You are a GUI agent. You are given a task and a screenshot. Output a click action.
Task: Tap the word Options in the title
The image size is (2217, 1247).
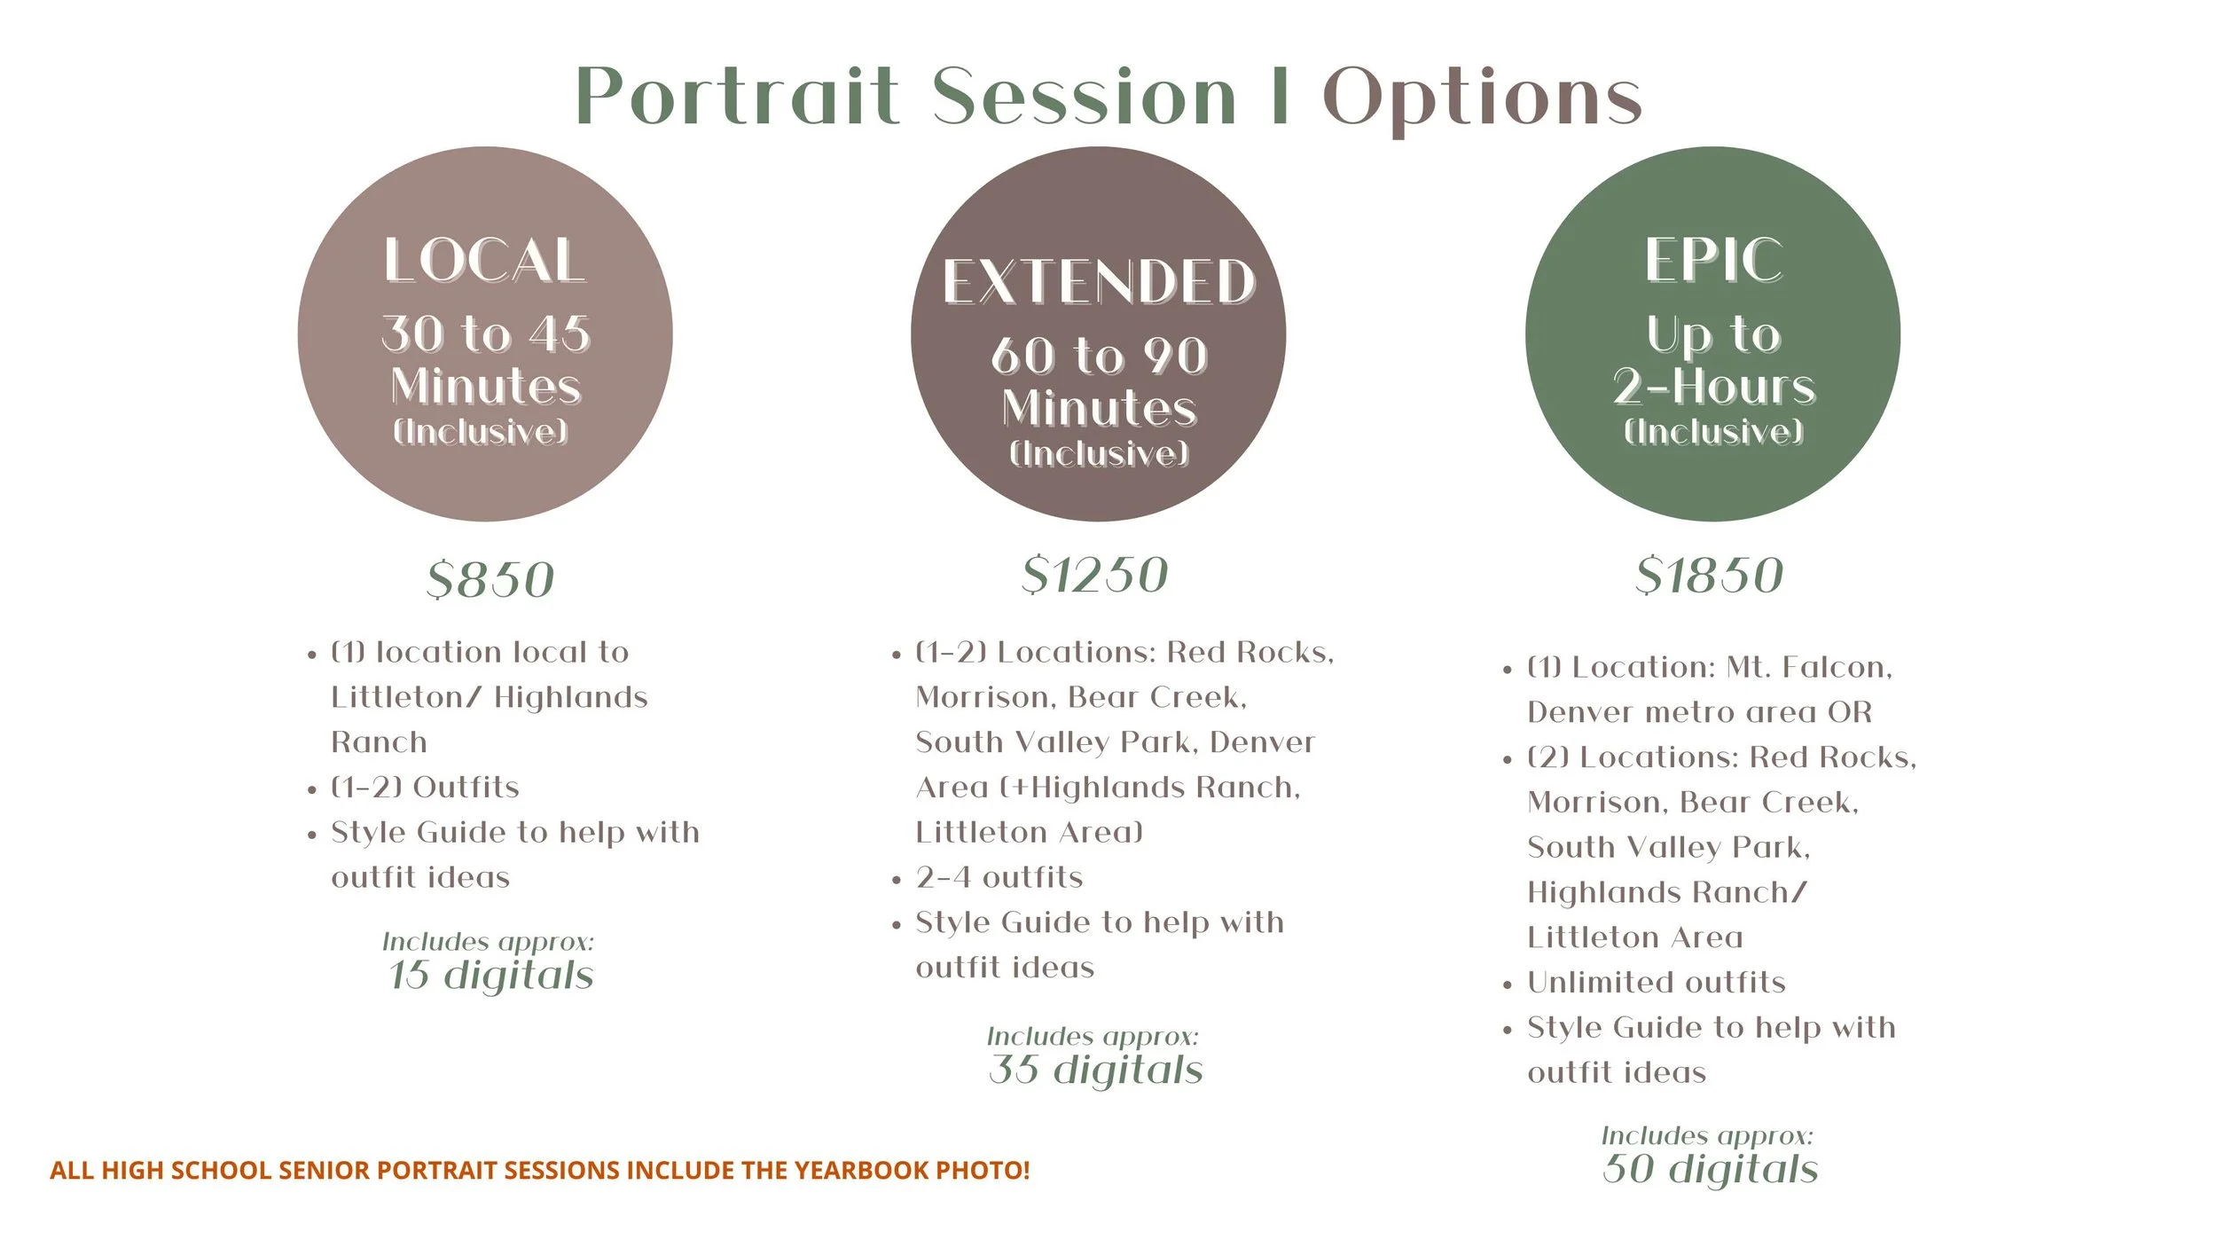click(x=1482, y=98)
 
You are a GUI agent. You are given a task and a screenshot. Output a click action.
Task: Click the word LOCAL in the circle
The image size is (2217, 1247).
click(x=484, y=261)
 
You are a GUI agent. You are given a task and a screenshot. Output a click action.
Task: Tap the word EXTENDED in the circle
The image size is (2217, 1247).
click(x=1099, y=282)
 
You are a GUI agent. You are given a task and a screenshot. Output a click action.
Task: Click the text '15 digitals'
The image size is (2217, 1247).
click(x=490, y=975)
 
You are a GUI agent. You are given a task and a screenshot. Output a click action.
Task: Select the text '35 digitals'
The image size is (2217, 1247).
click(x=1096, y=1070)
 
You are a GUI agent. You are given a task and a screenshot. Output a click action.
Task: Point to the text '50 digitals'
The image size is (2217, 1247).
click(x=1710, y=1169)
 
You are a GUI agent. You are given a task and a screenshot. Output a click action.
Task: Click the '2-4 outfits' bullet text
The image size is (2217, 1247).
click(x=999, y=877)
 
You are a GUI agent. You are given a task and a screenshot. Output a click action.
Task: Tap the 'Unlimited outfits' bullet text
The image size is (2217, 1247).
click(x=1656, y=982)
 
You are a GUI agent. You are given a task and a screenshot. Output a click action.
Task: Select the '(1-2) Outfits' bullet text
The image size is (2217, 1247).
click(x=425, y=787)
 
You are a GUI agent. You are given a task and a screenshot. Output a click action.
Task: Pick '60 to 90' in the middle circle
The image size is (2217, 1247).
click(x=1099, y=356)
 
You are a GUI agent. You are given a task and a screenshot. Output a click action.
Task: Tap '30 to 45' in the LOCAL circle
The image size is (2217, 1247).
click(x=485, y=334)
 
